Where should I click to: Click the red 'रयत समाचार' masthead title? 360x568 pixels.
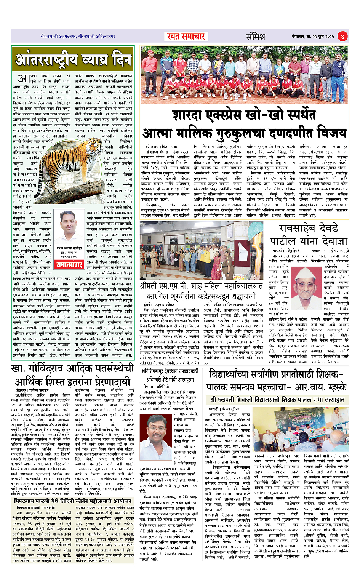[x=186, y=37]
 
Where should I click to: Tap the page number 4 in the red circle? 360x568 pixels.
[x=342, y=37]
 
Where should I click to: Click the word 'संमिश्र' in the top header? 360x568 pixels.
[x=255, y=37]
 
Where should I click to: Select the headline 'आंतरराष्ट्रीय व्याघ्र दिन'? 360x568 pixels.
[x=73, y=60]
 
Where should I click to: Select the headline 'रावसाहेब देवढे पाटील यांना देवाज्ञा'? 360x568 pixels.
[x=309, y=235]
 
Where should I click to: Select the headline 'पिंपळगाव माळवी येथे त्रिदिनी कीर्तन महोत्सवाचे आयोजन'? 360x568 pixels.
[x=72, y=501]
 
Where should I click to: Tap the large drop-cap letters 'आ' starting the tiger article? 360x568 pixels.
[x=24, y=78]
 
